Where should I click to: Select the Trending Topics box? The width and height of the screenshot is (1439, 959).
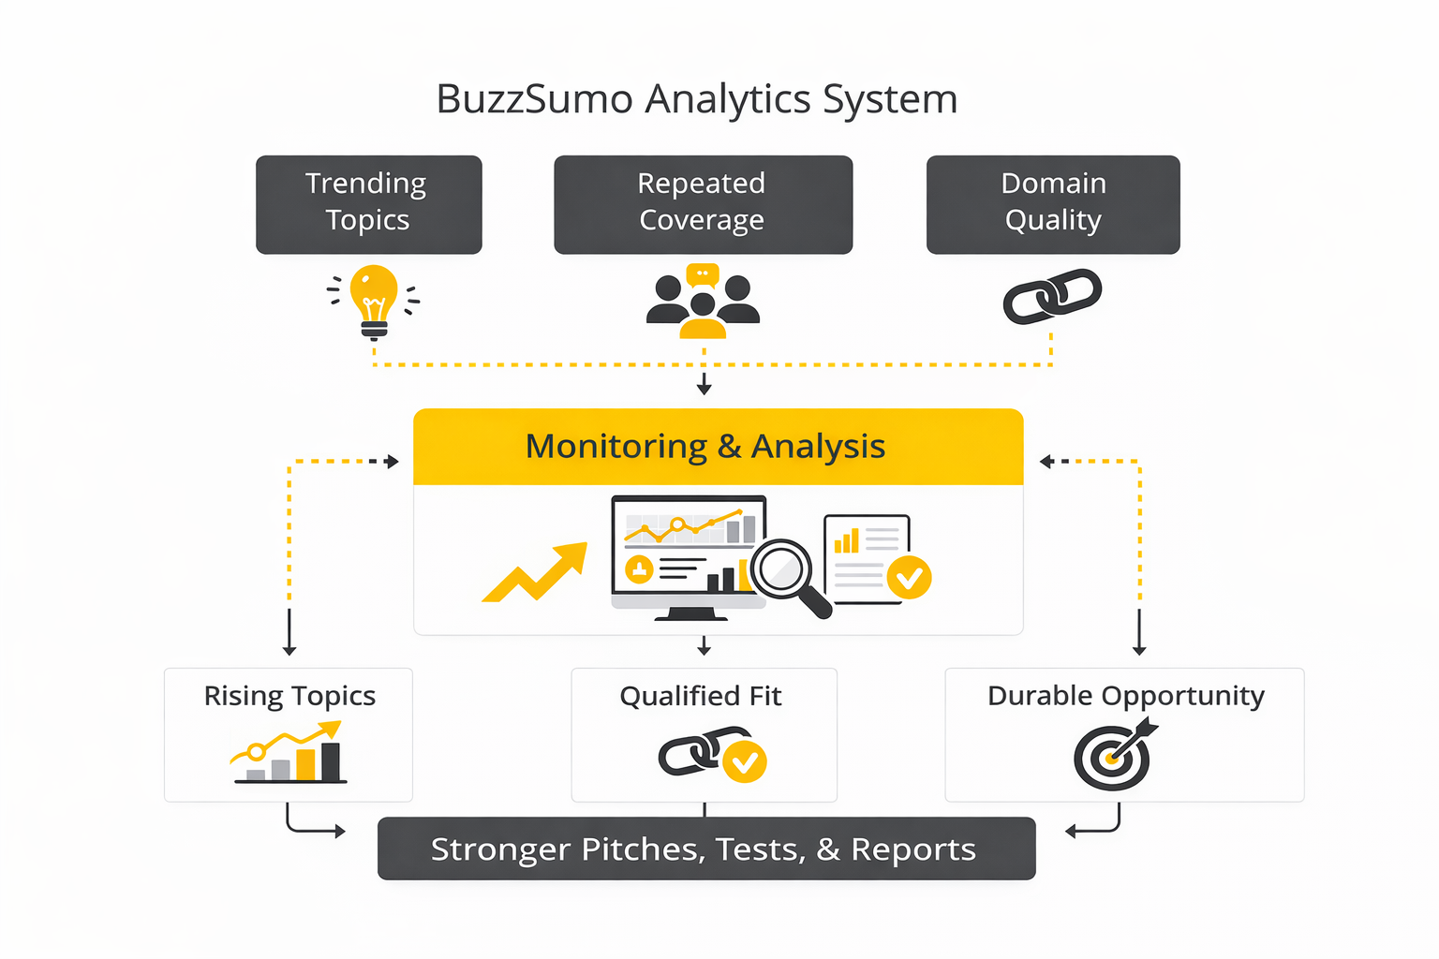368,204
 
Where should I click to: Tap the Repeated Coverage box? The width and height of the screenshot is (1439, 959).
703,204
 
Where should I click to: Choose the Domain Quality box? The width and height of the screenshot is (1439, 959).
1053,204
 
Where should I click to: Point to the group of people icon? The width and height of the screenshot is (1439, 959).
703,302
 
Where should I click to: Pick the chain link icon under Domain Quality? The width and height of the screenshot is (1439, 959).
1052,297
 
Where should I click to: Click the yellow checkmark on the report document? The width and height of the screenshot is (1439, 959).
909,577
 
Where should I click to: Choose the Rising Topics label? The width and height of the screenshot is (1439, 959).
289,696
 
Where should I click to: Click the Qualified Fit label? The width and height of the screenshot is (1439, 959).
701,696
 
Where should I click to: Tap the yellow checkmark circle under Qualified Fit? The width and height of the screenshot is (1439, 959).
745,762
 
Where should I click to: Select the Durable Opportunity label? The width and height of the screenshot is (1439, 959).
1125,696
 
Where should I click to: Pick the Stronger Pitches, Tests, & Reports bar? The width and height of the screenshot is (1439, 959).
706,848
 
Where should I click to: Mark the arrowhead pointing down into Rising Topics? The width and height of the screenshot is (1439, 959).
289,649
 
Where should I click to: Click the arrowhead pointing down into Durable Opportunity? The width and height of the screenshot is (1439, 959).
1139,649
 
